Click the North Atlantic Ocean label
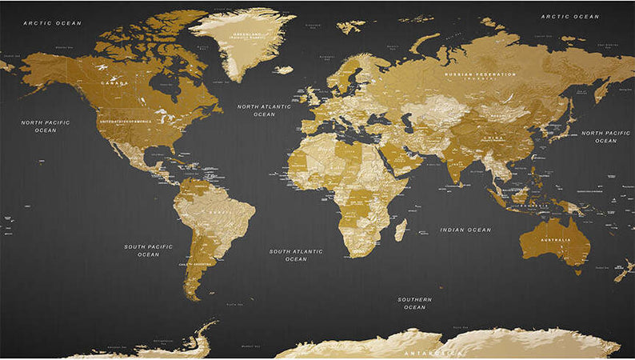pos(264,110)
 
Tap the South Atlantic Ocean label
pos(296,255)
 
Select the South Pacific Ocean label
pos(148,250)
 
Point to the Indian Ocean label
pos(465,230)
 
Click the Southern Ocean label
pos(414,303)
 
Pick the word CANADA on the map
pos(114,82)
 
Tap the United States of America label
pos(125,121)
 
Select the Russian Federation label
pos(480,74)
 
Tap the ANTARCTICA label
pos(432,353)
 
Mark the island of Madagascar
pos(400,230)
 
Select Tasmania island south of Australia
pos(577,271)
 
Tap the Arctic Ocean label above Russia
pos(569,16)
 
